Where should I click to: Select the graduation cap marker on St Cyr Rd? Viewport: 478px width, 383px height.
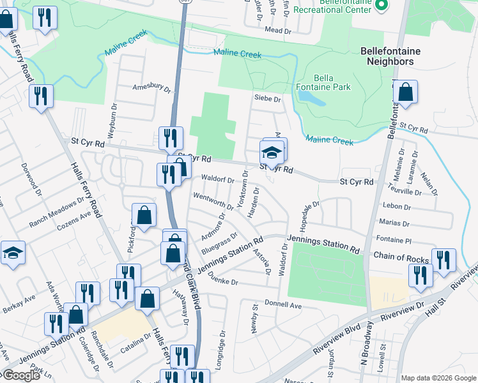(x=272, y=153)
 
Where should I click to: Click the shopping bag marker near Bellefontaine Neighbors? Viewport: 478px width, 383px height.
(x=405, y=93)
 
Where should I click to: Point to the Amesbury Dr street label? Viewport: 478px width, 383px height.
(x=151, y=88)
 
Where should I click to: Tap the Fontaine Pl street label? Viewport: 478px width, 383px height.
(x=394, y=240)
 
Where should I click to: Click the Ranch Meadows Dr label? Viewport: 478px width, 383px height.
(x=56, y=212)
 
